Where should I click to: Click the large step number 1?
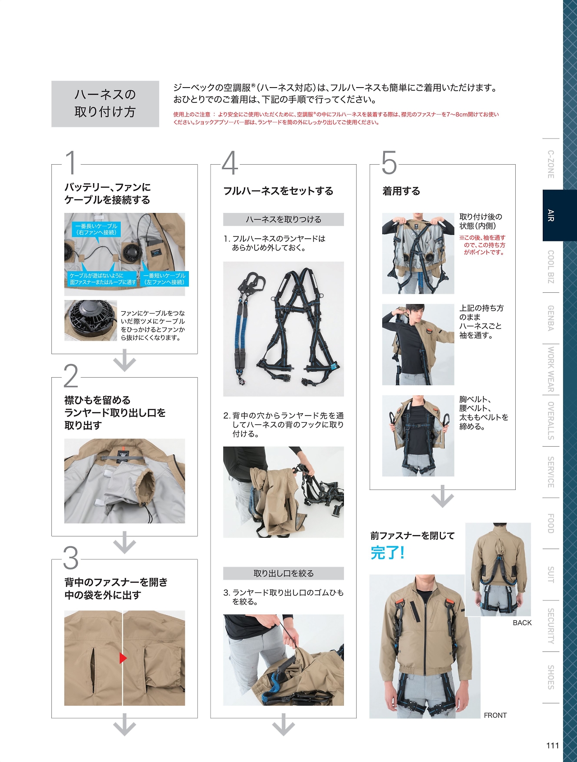[x=71, y=162]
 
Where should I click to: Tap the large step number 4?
[x=230, y=162]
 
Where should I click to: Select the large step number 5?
[x=389, y=162]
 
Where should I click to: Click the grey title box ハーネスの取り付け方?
[x=105, y=104]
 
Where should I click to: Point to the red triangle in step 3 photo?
[x=123, y=658]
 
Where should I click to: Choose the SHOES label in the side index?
[x=551, y=677]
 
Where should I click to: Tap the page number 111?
[x=552, y=745]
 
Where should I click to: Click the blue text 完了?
[x=388, y=552]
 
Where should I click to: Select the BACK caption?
[x=522, y=623]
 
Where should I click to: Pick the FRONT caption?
[x=495, y=715]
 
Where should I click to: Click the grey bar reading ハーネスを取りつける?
[x=284, y=219]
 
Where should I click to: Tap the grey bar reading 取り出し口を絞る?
[x=284, y=573]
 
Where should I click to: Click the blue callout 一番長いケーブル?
[x=96, y=229]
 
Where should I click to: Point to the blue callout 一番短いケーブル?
[x=164, y=279]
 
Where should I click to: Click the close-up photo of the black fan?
[x=91, y=320]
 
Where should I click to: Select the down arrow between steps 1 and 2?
[x=125, y=361]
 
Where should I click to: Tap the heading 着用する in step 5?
[x=401, y=191]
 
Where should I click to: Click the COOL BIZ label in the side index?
[x=551, y=267]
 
